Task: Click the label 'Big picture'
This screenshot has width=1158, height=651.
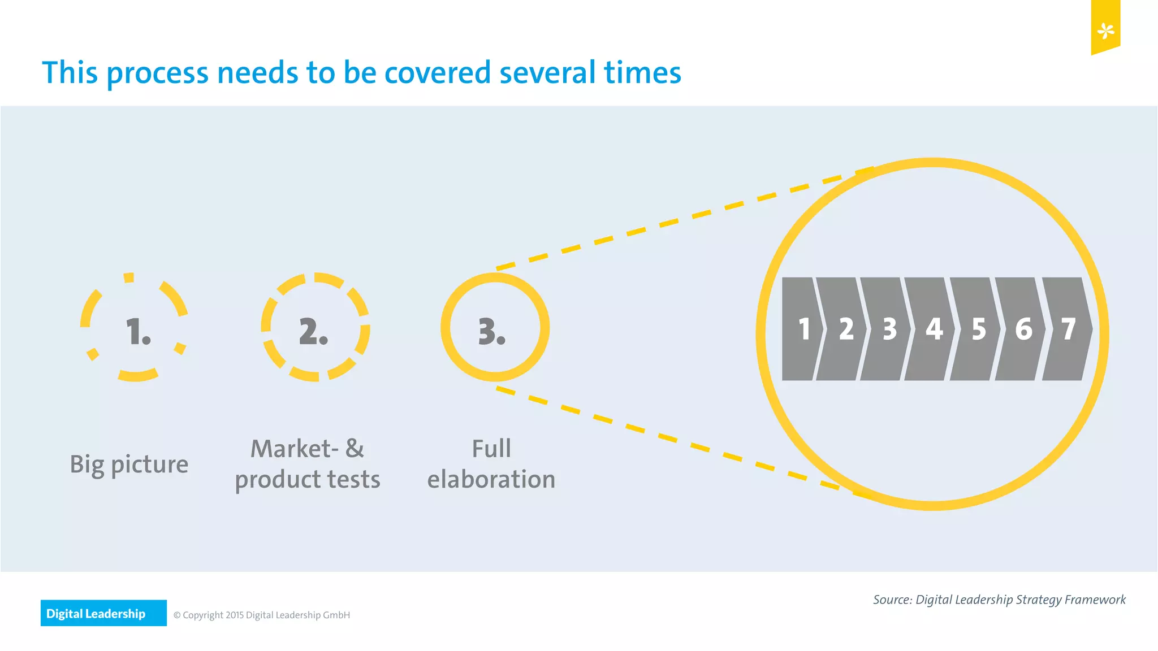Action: pos(129,464)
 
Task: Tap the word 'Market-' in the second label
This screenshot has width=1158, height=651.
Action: pos(294,449)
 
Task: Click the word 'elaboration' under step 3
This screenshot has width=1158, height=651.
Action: pos(491,479)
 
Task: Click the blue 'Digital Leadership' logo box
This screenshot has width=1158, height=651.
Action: pos(103,613)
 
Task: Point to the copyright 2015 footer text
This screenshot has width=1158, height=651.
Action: pos(261,615)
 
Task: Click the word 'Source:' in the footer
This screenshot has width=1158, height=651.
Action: pos(892,600)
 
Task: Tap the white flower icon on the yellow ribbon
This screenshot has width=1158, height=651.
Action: pos(1105,31)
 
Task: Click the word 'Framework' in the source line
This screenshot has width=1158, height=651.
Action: pos(1095,600)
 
